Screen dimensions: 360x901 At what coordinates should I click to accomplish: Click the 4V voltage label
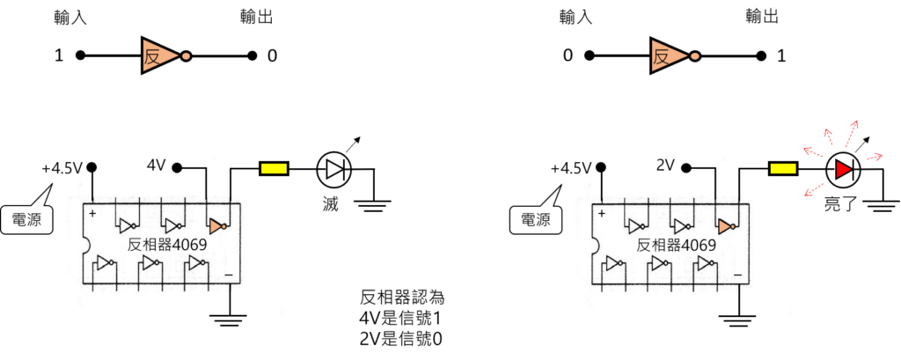click(x=156, y=165)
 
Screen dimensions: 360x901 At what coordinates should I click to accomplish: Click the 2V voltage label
click(x=666, y=165)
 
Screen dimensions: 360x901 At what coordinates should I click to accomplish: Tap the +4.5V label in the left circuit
click(x=62, y=167)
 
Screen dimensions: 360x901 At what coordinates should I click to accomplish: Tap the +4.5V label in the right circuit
click(x=571, y=167)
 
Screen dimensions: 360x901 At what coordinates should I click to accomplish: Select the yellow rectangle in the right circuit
click(x=782, y=168)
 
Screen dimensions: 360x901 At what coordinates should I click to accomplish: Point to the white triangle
click(x=333, y=169)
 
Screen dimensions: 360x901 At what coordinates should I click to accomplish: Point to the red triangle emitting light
click(x=843, y=170)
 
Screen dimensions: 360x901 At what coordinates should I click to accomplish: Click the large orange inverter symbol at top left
click(x=159, y=55)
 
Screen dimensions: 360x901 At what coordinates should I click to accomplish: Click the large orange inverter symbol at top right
click(x=668, y=56)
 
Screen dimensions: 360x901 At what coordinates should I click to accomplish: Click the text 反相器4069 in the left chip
click(x=167, y=245)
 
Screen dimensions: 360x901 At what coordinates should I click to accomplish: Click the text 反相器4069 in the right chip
click(x=677, y=245)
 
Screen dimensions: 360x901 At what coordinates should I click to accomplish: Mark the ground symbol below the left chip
click(x=230, y=319)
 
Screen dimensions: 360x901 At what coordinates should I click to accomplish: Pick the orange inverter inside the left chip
click(x=217, y=226)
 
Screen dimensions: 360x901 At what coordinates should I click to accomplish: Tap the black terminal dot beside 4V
click(x=178, y=166)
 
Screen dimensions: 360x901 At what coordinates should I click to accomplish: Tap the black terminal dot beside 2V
click(x=687, y=166)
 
